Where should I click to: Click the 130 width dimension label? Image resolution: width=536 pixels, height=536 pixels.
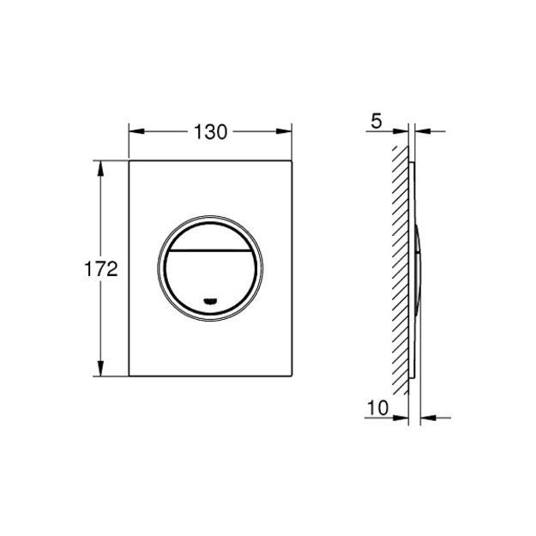click(x=210, y=132)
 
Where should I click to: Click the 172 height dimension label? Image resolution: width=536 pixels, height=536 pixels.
click(x=101, y=269)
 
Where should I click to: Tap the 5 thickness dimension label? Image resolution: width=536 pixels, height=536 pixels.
click(x=376, y=122)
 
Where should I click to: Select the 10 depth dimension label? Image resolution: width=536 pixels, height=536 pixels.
click(x=377, y=408)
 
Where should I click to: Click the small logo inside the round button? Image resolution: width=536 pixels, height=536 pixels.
click(x=210, y=301)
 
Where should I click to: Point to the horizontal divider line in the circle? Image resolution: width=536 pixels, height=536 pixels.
click(x=210, y=250)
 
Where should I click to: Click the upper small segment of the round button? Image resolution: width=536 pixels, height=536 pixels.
click(x=210, y=237)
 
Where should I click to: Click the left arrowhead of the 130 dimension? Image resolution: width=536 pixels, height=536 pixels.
click(x=136, y=131)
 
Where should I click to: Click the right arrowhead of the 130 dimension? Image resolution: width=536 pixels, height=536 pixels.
click(x=284, y=131)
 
